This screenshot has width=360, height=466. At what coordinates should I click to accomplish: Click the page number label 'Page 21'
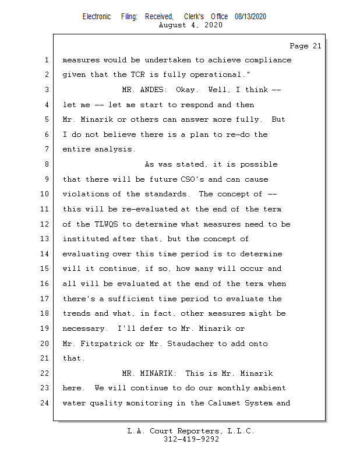(x=305, y=46)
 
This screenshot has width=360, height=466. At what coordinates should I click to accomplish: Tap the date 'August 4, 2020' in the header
(x=190, y=25)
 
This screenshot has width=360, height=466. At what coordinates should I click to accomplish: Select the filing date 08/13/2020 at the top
(x=250, y=17)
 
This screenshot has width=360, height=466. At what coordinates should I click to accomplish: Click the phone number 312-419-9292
(x=191, y=440)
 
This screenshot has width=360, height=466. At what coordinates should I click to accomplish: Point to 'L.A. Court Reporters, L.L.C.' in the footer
(x=190, y=432)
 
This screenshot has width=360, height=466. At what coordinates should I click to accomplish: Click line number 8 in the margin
(x=47, y=165)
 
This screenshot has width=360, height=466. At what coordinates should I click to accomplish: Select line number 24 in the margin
(x=45, y=403)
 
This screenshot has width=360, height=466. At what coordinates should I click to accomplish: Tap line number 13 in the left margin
(x=45, y=239)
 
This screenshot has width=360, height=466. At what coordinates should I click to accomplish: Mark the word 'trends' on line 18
(x=76, y=313)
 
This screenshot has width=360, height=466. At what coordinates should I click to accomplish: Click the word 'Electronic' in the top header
(x=97, y=17)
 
